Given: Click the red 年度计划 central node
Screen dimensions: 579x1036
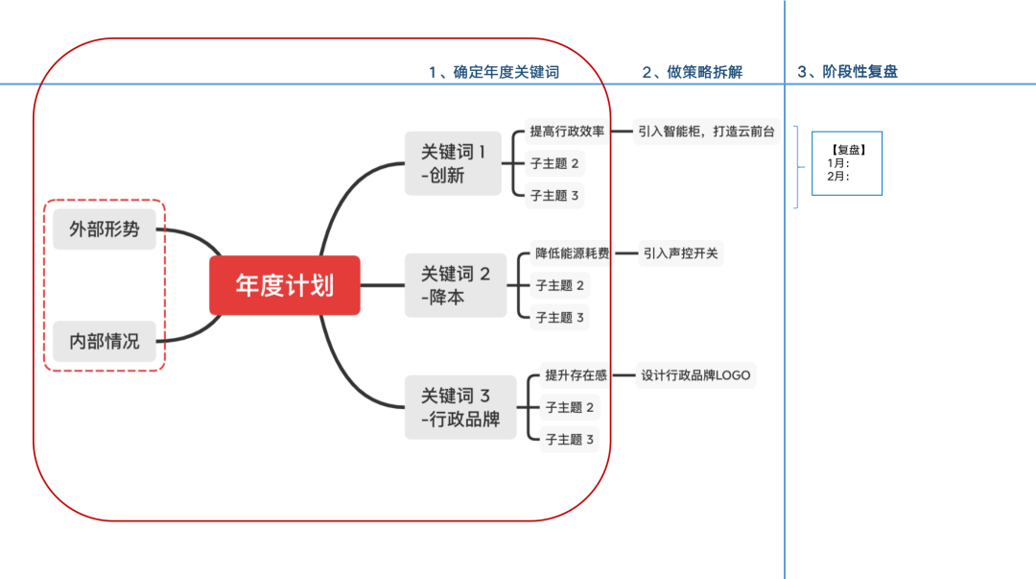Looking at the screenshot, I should coord(285,285).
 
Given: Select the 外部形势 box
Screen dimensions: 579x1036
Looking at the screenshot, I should coord(105,229).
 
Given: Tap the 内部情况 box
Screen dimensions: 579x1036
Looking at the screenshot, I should coord(105,341).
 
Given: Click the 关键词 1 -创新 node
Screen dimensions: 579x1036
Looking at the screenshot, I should coord(454,163).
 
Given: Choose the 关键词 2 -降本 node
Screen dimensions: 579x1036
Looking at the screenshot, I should coord(456,285).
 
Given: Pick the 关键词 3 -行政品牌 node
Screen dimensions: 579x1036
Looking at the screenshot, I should coord(460,407).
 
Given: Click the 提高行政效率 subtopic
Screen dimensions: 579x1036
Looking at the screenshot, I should coord(567,132).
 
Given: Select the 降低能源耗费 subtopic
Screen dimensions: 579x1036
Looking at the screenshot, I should coord(573,253).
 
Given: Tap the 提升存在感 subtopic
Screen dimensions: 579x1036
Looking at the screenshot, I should coord(577,375).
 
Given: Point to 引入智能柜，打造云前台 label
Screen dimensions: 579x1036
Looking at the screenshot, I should coord(706,132).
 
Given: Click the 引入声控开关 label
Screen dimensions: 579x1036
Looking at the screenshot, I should coord(681,253).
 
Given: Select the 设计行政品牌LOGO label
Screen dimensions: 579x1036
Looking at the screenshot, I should coord(696,375).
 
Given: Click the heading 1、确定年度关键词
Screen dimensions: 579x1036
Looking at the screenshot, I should coord(493,72).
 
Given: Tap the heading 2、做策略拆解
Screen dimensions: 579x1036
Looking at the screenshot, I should coord(692,72).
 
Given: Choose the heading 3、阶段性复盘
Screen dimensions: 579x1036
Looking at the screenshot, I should coord(848,72).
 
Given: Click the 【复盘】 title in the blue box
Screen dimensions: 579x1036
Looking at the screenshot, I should coord(846,150).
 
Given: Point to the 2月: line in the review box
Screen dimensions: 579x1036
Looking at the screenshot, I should coord(838,176).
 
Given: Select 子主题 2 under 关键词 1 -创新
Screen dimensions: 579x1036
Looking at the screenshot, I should coord(555,163).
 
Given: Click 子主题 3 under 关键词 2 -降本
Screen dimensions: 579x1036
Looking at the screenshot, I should coord(560,317).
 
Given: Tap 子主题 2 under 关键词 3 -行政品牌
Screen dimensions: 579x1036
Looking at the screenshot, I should coord(570,407).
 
